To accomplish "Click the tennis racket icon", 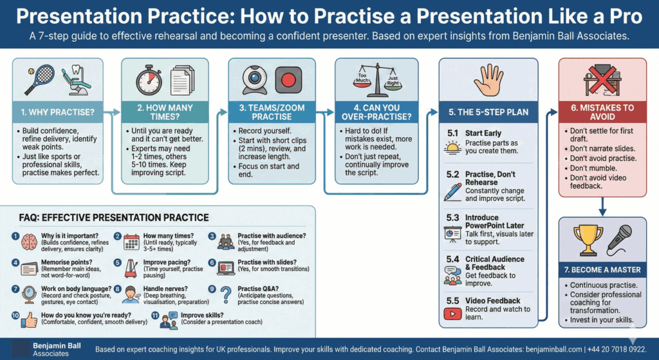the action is coord(39,79).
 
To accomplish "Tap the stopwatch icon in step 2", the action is coord(149,79).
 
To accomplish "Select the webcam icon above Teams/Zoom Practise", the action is coord(255,80).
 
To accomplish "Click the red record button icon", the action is coord(288,79).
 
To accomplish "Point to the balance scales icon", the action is coord(377,80).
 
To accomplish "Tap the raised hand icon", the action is coord(488,80).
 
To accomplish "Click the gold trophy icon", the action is coord(588,240).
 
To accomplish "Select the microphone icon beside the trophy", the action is coord(620,240).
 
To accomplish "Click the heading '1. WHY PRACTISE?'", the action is coord(57,112).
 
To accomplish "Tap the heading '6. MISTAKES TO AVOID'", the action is coord(602,112).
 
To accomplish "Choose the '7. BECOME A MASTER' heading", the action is coord(602,270).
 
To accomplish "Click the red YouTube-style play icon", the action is coord(452,314).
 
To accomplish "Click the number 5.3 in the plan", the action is coord(452,218).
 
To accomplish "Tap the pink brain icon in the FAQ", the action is coord(29,242).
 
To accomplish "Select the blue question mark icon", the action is coord(226,295).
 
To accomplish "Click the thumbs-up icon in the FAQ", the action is coord(29,320).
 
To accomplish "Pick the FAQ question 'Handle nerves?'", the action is coord(165,289).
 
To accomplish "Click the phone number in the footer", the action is coord(617,350).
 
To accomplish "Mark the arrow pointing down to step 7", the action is coord(602,207).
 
